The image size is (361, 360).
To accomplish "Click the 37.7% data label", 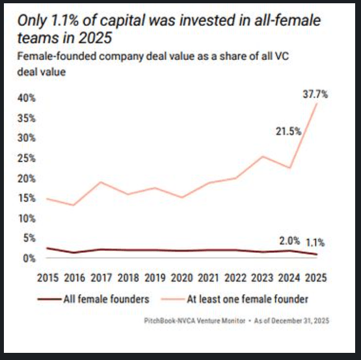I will coord(315,94).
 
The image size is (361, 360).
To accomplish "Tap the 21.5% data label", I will coord(287,131).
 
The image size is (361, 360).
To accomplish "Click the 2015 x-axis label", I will coord(47,278).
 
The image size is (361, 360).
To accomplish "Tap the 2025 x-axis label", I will coord(315,278).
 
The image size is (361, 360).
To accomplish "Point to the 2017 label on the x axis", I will coord(101,278).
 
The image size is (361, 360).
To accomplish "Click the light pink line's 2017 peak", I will coord(100,182).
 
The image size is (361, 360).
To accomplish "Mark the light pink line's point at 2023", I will coord(261,156).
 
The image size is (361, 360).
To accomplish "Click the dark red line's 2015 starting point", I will coord(47,248).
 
